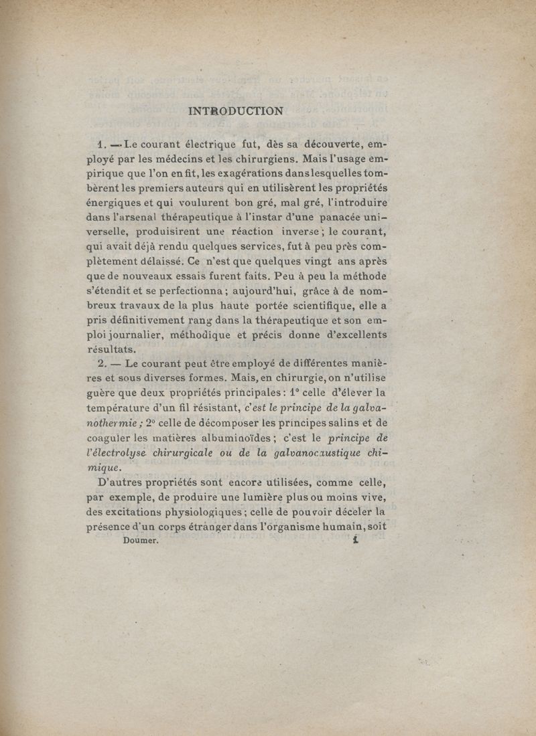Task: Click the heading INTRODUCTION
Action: (x=236, y=111)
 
